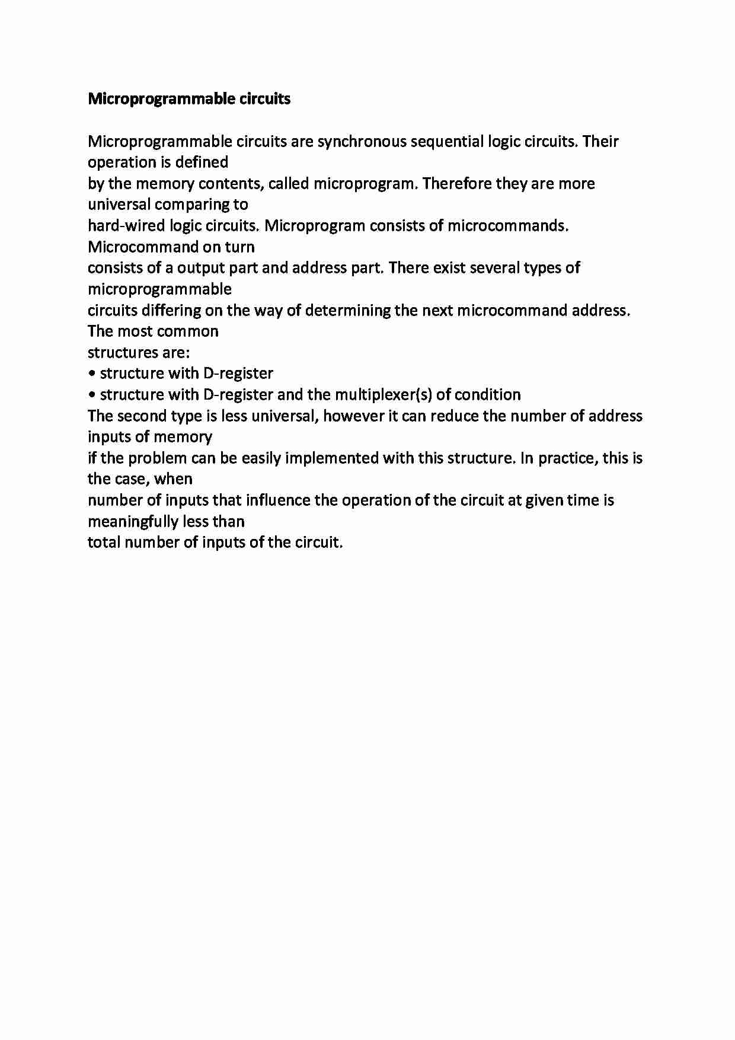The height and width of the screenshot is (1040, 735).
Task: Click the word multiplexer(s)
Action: click(383, 395)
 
